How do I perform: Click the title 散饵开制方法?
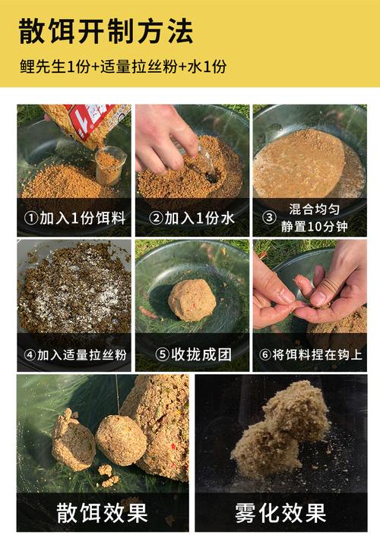pyautogui.click(x=106, y=31)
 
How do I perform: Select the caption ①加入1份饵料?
pyautogui.click(x=74, y=219)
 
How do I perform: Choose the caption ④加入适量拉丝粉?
pyautogui.click(x=74, y=354)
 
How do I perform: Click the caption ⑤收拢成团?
pyautogui.click(x=192, y=354)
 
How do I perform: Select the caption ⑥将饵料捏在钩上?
pyautogui.click(x=309, y=354)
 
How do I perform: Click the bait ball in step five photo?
pyautogui.click(x=192, y=299)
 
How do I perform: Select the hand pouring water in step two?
pyautogui.click(x=163, y=137)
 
